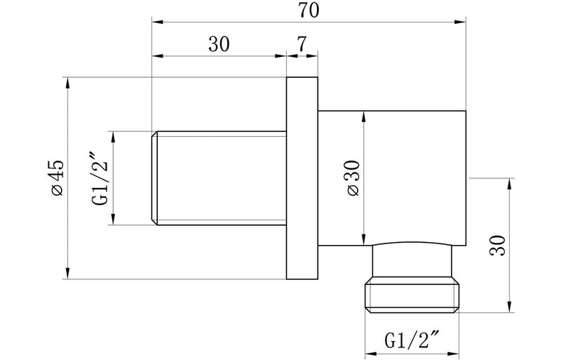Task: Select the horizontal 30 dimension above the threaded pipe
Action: coord(219,44)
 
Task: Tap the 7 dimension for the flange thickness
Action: coord(302,44)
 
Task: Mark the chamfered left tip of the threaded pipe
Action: coord(156,178)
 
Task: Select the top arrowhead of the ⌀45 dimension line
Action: coord(68,81)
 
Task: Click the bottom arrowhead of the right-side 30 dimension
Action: coord(509,307)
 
